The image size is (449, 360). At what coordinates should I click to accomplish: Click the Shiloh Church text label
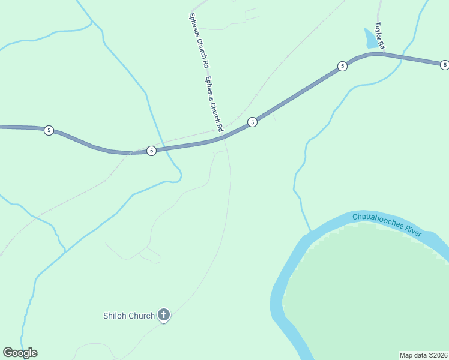[x=129, y=315]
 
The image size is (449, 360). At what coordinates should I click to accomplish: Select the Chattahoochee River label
[x=387, y=224]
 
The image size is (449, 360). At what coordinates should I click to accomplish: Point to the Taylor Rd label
[x=379, y=36]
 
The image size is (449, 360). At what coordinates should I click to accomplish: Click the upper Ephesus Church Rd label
[x=199, y=40]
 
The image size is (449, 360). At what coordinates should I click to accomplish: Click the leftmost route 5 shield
[x=49, y=130]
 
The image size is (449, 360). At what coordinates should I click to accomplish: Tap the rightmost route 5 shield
[x=444, y=65]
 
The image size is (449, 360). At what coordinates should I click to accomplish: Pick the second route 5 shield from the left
[x=151, y=151]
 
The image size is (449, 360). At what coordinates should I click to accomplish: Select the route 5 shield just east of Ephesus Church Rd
[x=252, y=122]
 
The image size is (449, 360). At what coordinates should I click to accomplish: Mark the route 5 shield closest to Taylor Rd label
[x=342, y=66]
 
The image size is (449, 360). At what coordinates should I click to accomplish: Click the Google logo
[x=20, y=353]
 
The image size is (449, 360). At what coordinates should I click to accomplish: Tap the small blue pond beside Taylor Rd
[x=370, y=39]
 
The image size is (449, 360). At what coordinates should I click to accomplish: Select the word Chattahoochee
[x=378, y=221]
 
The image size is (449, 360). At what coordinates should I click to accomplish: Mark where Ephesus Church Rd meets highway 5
[x=223, y=137]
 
